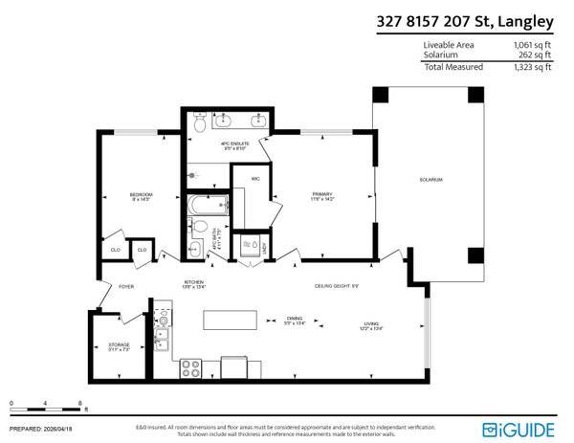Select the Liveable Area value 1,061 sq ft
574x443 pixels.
click(532, 45)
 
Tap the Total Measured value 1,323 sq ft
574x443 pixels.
click(532, 67)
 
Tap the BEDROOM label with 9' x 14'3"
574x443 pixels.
click(142, 197)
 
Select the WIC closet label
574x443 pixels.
click(255, 178)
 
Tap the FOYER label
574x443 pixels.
click(126, 286)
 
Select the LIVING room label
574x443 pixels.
click(370, 325)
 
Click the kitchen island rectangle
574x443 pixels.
click(230, 320)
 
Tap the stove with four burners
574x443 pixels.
click(189, 366)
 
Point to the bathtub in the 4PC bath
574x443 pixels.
click(208, 205)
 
